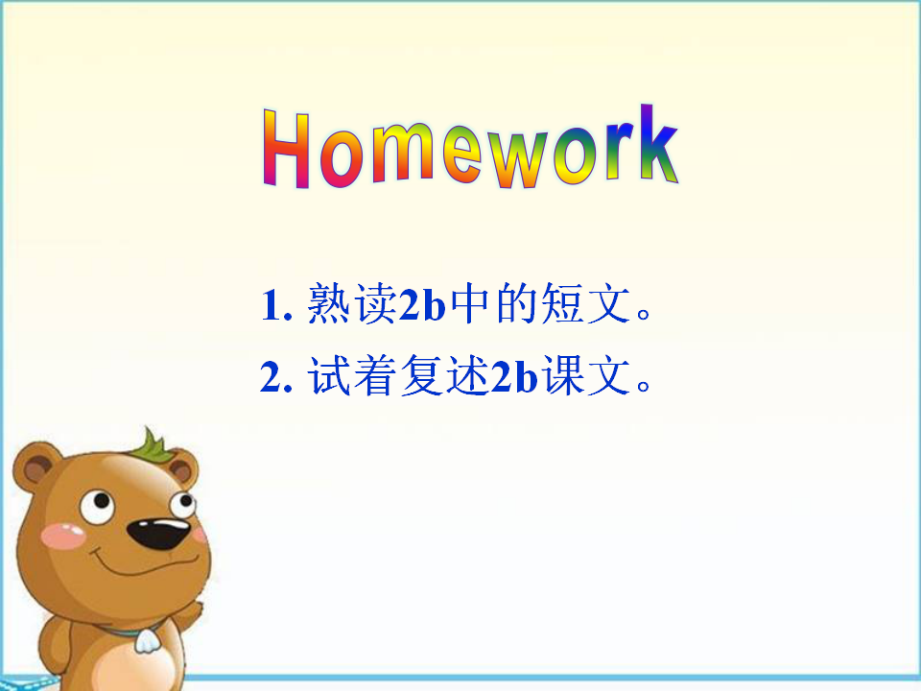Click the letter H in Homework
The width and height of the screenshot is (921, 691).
[286, 150]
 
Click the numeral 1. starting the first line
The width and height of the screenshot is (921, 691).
[276, 304]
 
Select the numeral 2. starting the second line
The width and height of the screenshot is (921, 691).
[276, 376]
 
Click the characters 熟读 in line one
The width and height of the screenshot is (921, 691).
[352, 303]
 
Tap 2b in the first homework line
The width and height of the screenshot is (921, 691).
[422, 303]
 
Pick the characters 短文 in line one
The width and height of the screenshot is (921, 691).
[585, 303]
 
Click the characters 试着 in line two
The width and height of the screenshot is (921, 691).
[352, 375]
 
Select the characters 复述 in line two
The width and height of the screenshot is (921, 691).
[445, 375]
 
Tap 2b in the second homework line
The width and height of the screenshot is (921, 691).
[514, 375]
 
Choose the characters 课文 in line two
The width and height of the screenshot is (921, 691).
[585, 375]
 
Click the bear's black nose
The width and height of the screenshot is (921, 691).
[157, 533]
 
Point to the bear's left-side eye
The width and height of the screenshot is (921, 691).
[97, 507]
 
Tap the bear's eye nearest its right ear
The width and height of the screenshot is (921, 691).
[182, 505]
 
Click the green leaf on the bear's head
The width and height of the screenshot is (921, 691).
[153, 446]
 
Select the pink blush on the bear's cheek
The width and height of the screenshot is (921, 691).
[63, 536]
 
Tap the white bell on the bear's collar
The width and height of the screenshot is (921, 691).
[147, 641]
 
